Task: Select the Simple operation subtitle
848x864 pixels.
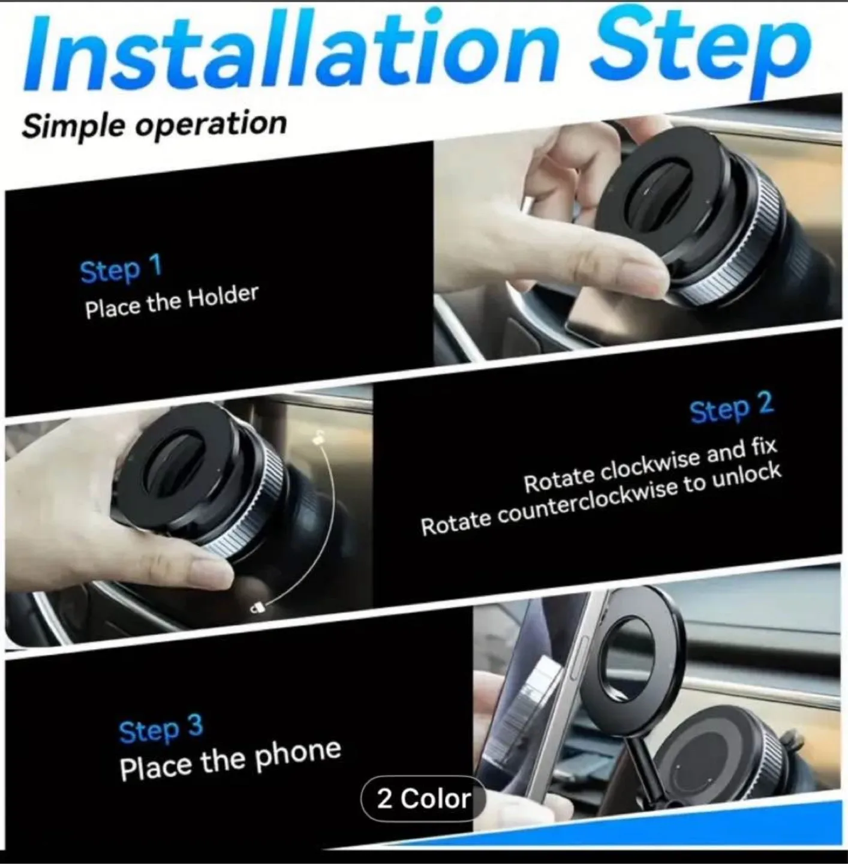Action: tap(154, 125)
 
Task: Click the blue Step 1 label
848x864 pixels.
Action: tap(121, 269)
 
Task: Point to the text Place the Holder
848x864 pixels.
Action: tap(172, 301)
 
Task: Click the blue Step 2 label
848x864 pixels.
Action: tap(732, 409)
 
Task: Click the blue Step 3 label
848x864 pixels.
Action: tap(161, 729)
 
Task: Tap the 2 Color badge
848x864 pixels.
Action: tap(423, 799)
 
